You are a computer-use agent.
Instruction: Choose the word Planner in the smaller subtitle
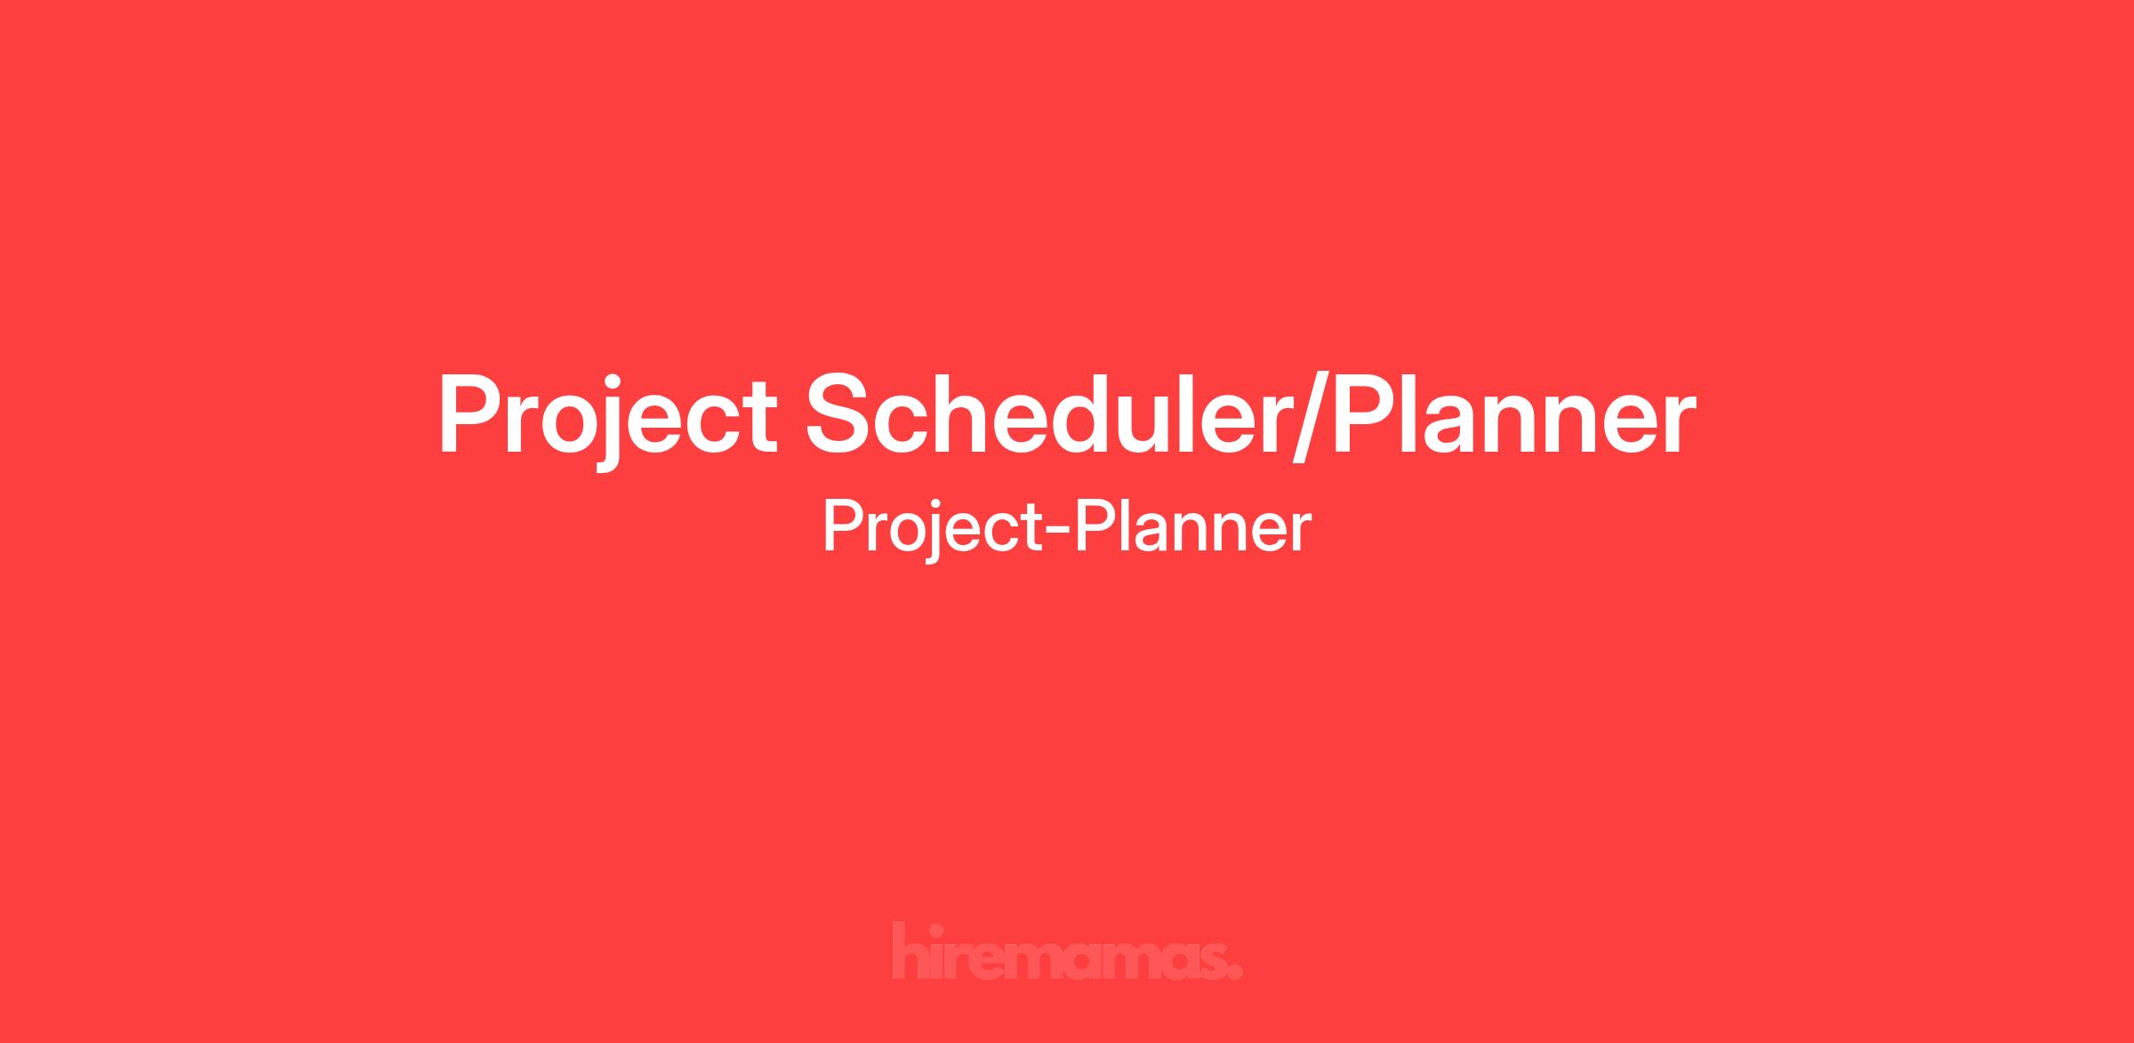click(1191, 526)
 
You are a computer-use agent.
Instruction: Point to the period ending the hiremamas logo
click(1235, 973)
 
